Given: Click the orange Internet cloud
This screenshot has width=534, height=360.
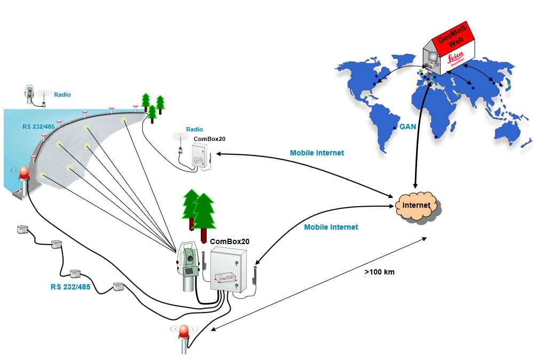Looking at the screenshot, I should tap(417, 205).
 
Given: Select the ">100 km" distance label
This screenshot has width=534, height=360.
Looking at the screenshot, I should tap(380, 272).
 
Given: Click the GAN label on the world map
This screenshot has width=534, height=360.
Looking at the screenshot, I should tap(407, 127).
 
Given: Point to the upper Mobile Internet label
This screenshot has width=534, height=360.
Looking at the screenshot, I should tap(317, 153).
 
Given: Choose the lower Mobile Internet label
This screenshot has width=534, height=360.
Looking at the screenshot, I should tap(331, 227).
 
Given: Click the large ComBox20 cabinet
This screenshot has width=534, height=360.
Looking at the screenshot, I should tap(229, 270).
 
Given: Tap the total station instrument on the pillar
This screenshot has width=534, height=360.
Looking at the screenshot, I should tap(189, 262).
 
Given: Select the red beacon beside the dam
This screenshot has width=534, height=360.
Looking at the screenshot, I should tap(24, 174).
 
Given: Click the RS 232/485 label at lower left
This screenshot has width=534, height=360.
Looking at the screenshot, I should tap(70, 287).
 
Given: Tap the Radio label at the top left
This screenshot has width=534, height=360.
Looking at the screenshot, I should tap(62, 95).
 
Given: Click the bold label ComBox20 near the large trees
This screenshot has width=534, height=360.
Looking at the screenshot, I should tap(230, 241).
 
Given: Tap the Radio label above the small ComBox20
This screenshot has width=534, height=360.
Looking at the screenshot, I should tap(194, 129).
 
